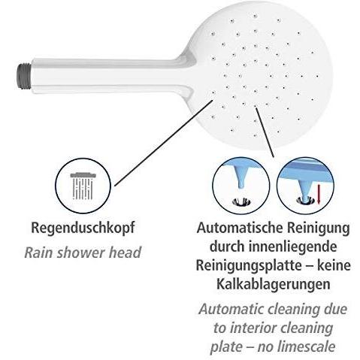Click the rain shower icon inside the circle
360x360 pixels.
point(83,186)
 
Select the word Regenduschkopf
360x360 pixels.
point(83,228)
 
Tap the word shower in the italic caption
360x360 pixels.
point(81,252)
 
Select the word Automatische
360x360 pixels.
point(240,228)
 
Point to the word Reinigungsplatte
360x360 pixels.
point(249,265)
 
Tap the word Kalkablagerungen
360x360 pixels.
point(273,284)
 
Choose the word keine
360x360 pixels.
point(334,265)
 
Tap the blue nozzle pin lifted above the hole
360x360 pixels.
point(241,178)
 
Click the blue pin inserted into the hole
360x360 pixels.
point(305,191)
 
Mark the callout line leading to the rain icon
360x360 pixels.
point(164,143)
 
